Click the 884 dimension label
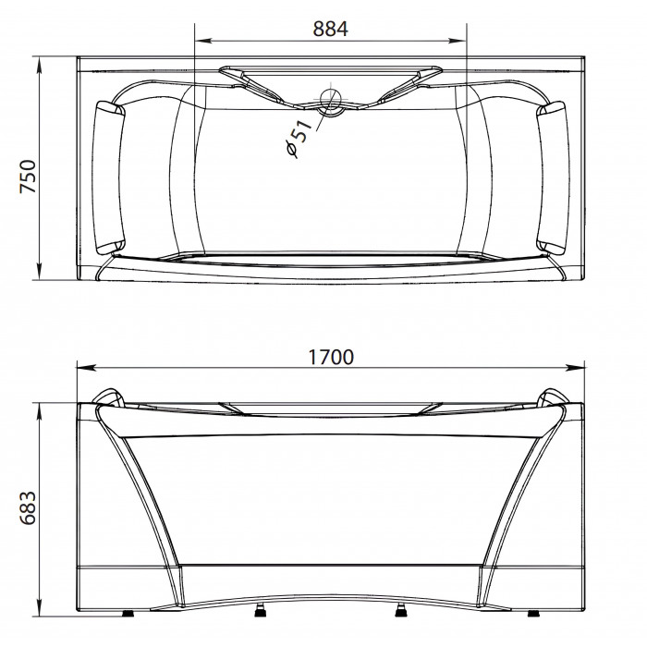[330, 29]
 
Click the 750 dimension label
[28, 177]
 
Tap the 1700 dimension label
[331, 358]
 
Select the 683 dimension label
[28, 508]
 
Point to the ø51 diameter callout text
[299, 139]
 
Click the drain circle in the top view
[331, 101]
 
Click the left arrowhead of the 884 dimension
[203, 41]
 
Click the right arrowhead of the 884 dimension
[458, 41]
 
